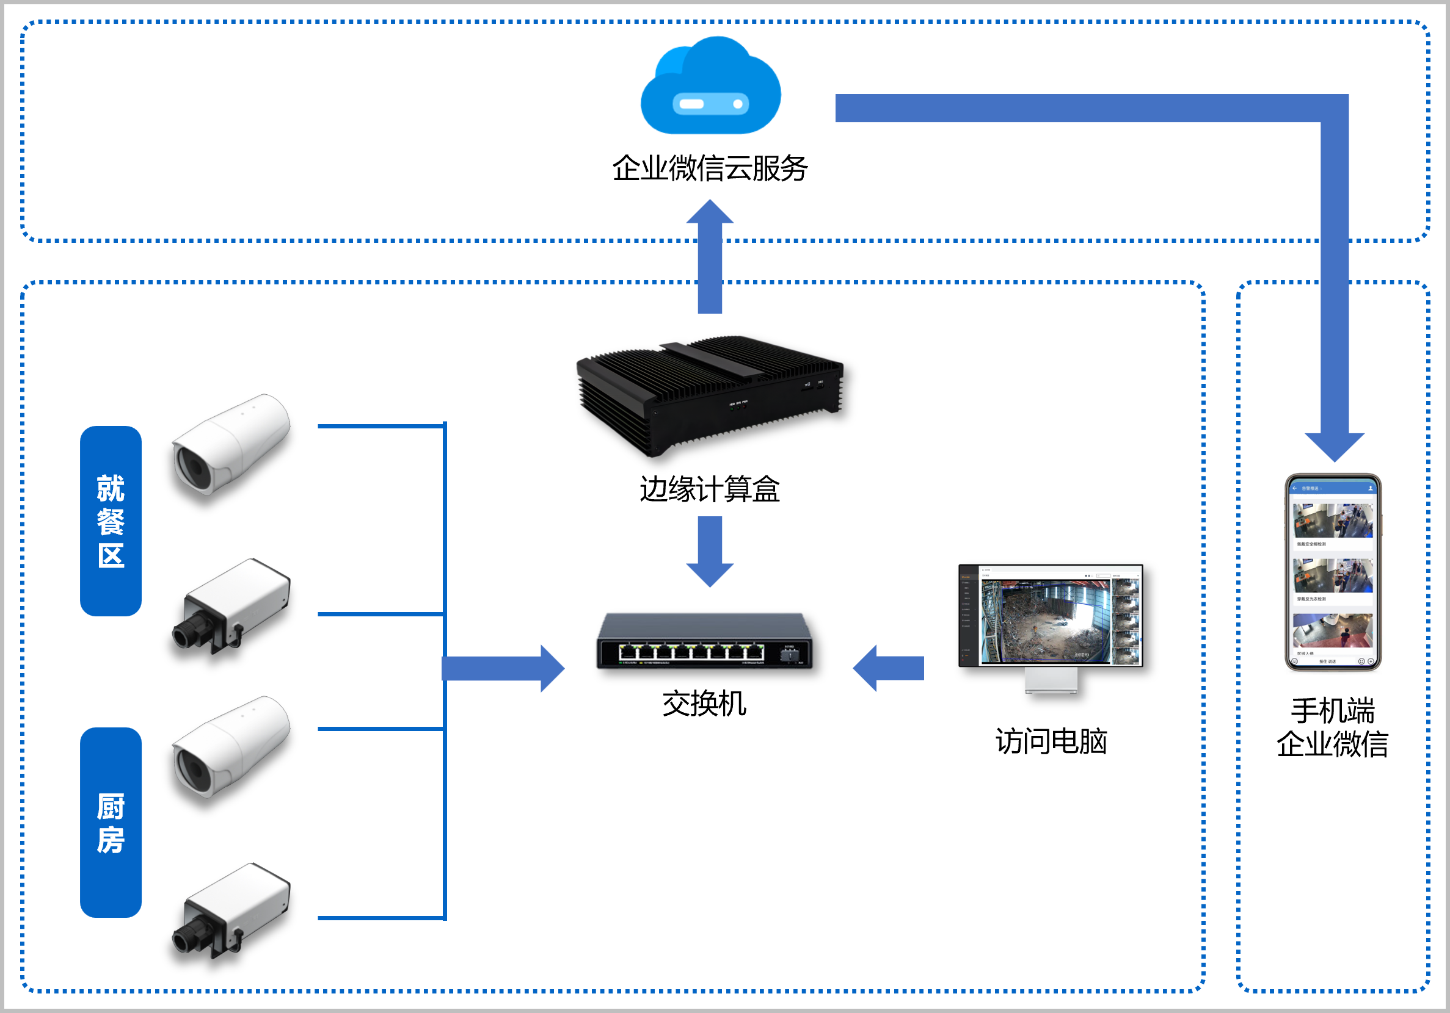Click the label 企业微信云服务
[x=710, y=168]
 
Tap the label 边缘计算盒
[x=710, y=489]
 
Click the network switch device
[x=705, y=641]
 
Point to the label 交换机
[x=704, y=704]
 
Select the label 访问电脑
[x=1051, y=741]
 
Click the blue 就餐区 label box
[x=111, y=521]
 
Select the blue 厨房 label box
[x=111, y=823]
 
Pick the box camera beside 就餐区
[x=231, y=607]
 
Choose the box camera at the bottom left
[x=231, y=910]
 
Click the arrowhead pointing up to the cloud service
[x=710, y=214]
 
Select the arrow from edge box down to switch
[x=710, y=552]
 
